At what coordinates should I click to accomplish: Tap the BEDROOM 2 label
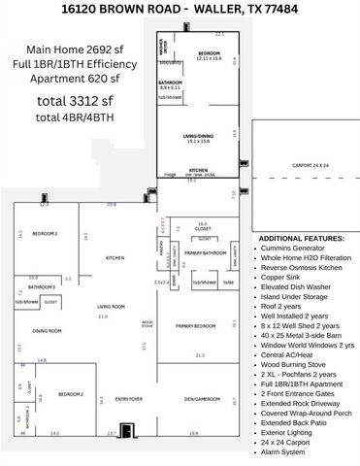tap(70, 393)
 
